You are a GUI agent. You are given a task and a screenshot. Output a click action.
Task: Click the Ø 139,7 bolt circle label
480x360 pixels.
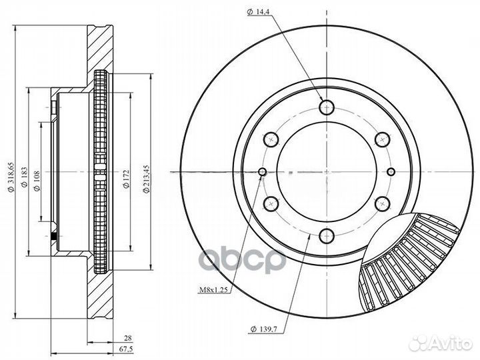(x=265, y=329)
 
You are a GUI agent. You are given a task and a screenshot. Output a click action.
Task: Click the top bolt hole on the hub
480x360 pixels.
(x=327, y=107)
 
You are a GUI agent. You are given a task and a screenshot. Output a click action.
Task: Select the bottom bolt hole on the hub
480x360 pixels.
(x=327, y=235)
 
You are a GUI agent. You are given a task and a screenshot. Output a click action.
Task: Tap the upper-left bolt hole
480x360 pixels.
(x=271, y=139)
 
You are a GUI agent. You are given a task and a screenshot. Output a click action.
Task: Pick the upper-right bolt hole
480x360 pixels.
(x=382, y=139)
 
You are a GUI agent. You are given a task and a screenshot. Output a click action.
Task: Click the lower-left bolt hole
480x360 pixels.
(x=271, y=203)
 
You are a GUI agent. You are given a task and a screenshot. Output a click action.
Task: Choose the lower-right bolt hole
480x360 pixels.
(x=382, y=203)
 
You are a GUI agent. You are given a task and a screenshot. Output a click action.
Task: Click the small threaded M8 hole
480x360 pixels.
(x=263, y=173)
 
